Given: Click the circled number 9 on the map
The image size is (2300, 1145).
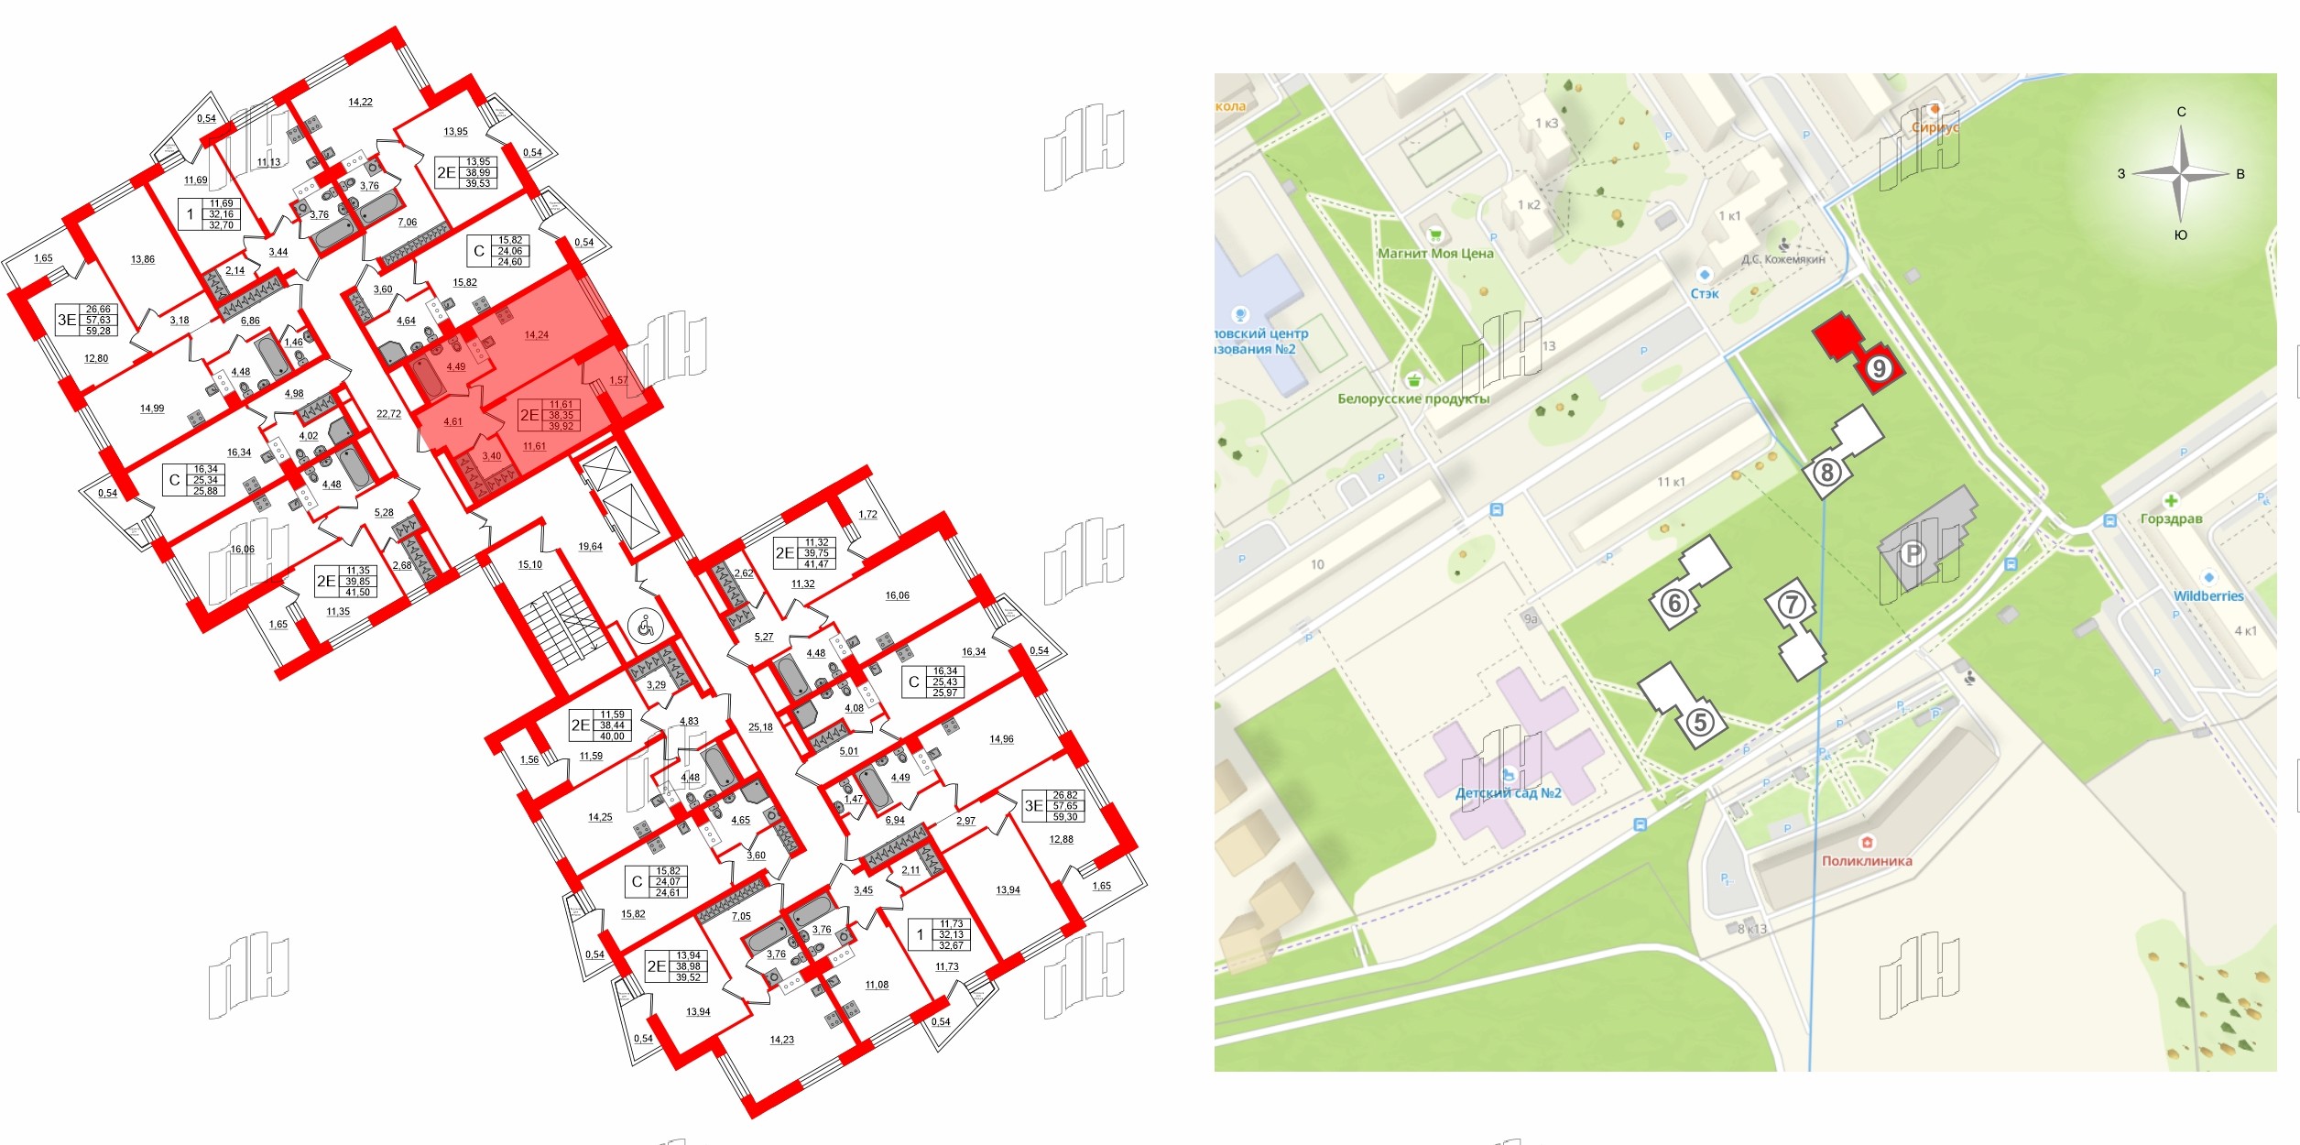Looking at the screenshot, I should (x=1879, y=368).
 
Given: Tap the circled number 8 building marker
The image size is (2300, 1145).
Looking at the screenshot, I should (x=1826, y=473).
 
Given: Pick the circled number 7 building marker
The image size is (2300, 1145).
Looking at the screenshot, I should (x=1792, y=605).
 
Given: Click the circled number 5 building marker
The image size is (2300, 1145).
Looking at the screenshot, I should (x=1700, y=722).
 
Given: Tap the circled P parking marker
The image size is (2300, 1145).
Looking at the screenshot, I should (x=1912, y=553).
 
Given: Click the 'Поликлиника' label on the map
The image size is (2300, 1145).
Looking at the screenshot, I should (x=1867, y=861).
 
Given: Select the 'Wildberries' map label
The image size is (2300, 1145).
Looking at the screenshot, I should (x=2208, y=595).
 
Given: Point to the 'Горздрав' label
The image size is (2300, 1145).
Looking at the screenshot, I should (x=2171, y=518).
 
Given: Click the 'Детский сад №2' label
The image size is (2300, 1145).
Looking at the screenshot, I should (x=1508, y=793).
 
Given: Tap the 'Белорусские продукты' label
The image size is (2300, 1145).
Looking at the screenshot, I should (x=1413, y=398).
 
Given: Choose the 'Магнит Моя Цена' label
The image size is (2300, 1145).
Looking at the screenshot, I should (x=1435, y=254).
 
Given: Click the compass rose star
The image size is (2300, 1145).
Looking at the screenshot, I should (x=2182, y=173).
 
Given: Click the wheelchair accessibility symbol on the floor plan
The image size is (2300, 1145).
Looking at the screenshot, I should (x=645, y=627).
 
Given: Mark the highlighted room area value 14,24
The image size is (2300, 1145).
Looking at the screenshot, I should (x=537, y=335).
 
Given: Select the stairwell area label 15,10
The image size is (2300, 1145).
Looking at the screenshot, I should (x=530, y=564).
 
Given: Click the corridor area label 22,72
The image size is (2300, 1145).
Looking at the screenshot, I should (x=388, y=414).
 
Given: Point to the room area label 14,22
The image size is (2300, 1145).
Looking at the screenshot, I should (x=360, y=102).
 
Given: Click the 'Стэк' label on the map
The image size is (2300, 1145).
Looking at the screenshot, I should (x=1705, y=293).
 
